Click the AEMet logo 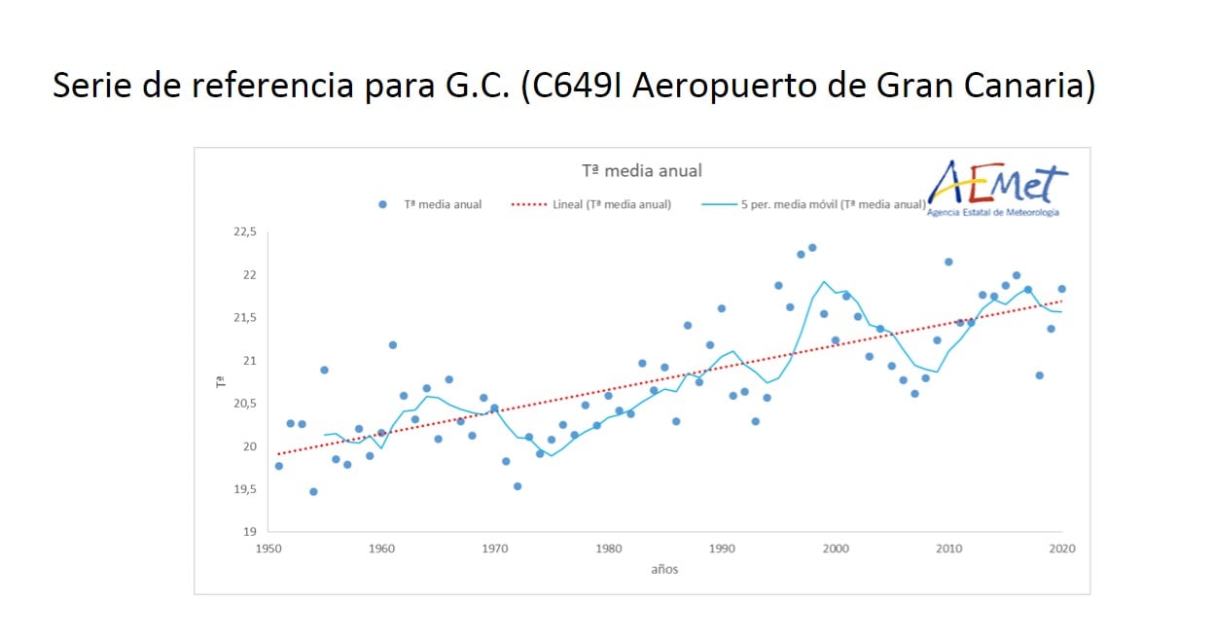(x=997, y=188)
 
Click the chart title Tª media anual (x=641, y=170)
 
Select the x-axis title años (x=664, y=569)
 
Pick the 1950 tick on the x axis (x=268, y=549)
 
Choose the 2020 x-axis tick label (x=1061, y=549)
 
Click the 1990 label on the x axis (x=722, y=549)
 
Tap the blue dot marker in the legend (x=382, y=204)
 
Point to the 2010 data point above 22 (x=948, y=262)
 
